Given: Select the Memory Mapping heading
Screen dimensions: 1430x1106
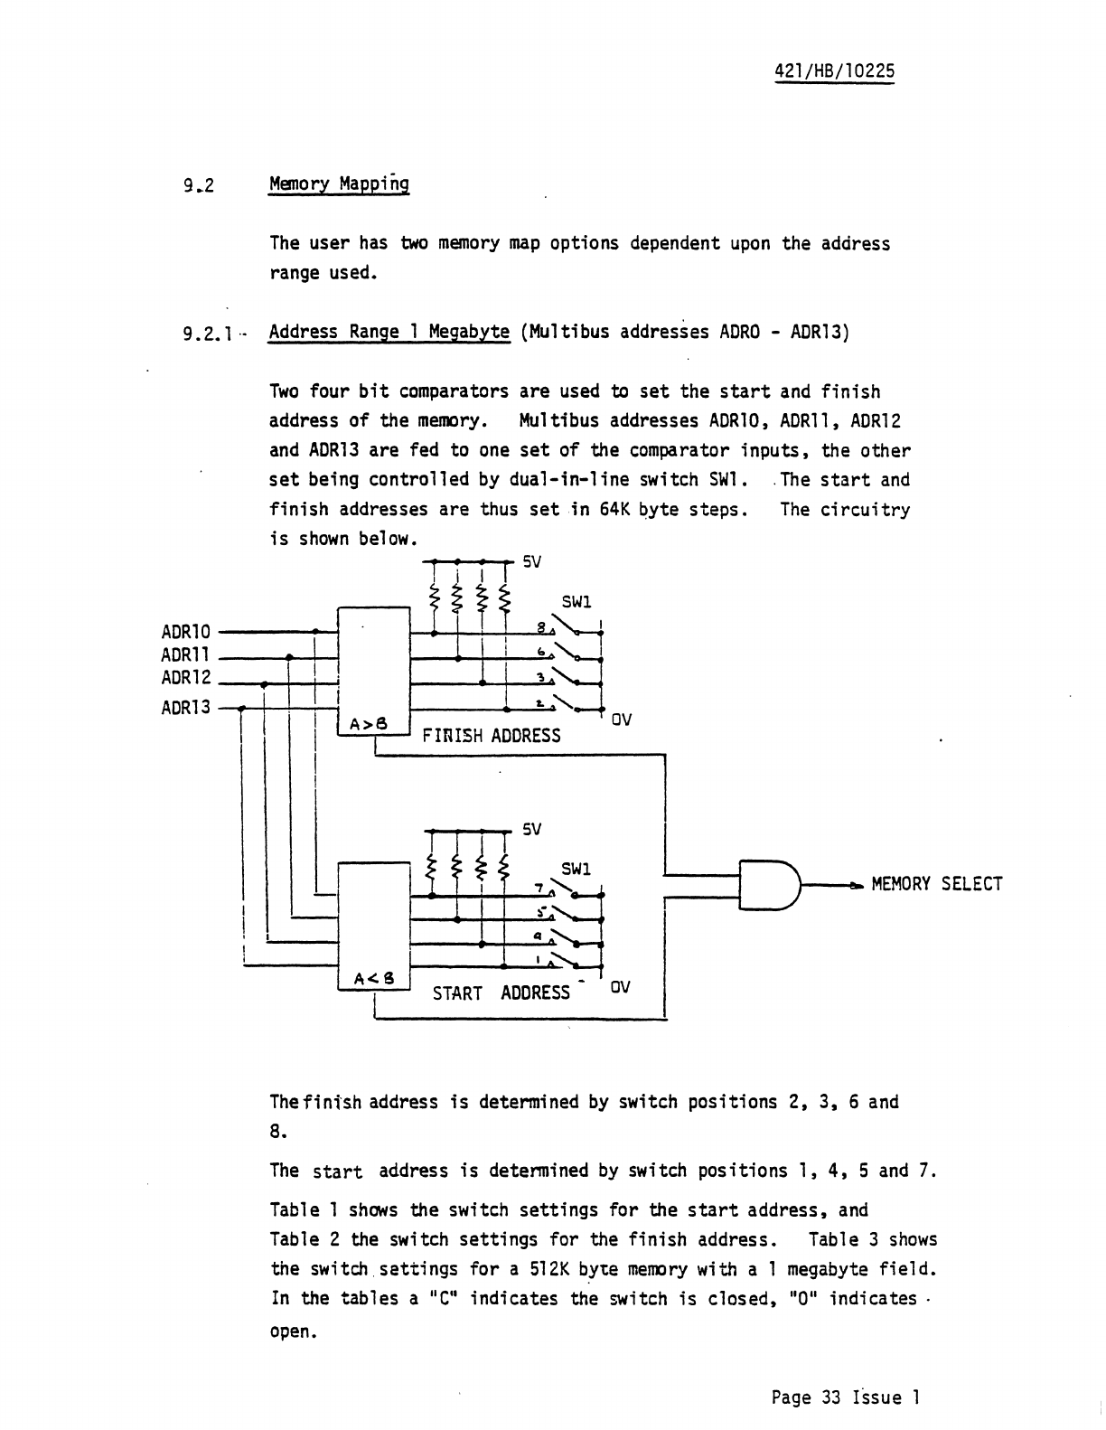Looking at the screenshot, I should click(x=339, y=184).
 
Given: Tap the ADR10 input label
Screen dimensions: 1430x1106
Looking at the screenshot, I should click(x=185, y=631).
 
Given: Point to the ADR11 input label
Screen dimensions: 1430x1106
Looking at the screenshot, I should click(x=185, y=654).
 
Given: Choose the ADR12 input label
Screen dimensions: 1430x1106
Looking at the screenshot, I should click(x=185, y=678).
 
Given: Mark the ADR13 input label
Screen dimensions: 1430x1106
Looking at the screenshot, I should click(x=185, y=707).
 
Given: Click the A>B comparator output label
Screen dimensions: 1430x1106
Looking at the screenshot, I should click(x=370, y=723).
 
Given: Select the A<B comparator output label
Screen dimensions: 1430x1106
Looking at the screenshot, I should click(x=371, y=978).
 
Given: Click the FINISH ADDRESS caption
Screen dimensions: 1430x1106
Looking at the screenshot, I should click(x=492, y=736).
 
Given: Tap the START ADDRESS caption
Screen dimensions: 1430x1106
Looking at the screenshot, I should click(x=501, y=993).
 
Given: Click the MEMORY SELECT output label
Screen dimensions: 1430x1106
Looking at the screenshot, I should click(x=937, y=884).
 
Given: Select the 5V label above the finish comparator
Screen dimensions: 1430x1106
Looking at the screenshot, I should click(x=532, y=561).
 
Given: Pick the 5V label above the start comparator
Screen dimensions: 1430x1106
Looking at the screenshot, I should click(x=532, y=829).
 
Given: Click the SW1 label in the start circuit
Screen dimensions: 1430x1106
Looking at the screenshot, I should click(x=576, y=869).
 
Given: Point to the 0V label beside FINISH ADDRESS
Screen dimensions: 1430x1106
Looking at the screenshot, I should click(x=621, y=720).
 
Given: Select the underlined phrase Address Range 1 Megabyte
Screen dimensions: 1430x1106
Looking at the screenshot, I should click(x=389, y=332).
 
